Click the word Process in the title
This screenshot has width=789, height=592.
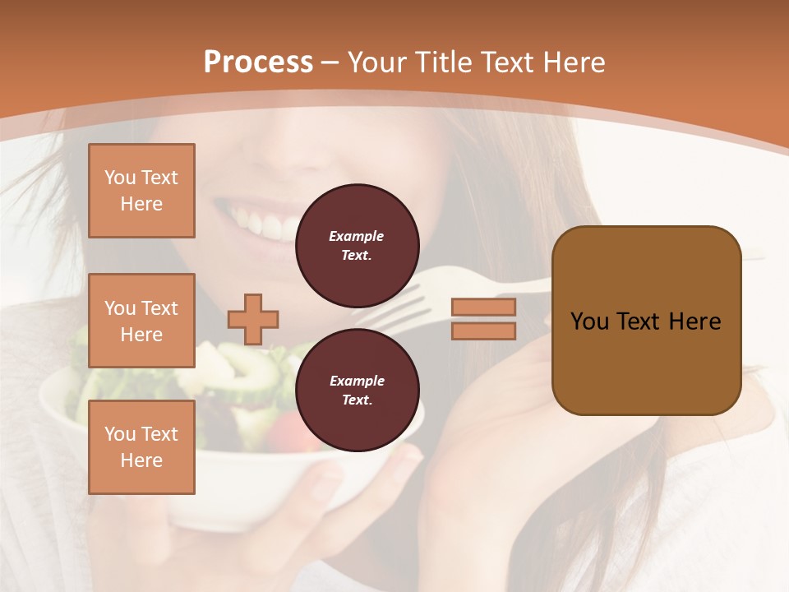258,62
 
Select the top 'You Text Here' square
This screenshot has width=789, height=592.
141,191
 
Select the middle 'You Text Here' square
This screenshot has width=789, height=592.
141,321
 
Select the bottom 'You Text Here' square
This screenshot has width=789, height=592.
141,447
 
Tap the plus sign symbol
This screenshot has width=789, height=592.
253,319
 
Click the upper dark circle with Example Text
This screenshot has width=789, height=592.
358,246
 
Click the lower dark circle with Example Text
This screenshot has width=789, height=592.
358,390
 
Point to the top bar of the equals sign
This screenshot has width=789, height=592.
484,307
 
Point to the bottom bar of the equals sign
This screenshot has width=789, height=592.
484,331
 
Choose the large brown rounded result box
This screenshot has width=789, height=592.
646,321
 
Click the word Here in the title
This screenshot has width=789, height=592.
572,62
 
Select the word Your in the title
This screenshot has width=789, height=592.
378,62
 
